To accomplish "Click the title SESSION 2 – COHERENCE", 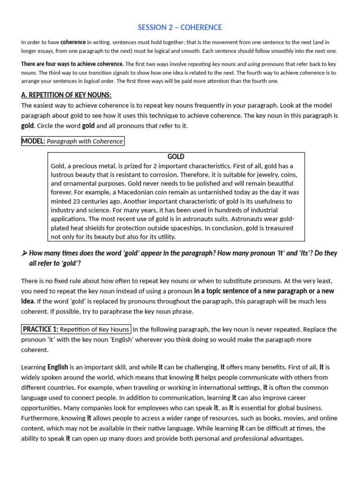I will [180, 27].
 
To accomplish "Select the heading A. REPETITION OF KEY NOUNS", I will [66, 95].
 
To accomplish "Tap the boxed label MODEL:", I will [33, 141].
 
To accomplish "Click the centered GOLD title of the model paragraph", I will [176, 157].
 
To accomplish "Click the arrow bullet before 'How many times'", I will [24, 253].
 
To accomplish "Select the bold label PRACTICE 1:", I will [40, 329].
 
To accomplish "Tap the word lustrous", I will [64, 174].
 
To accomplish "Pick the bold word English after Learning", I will [58, 367].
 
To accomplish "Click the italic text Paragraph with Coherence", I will [85, 141].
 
